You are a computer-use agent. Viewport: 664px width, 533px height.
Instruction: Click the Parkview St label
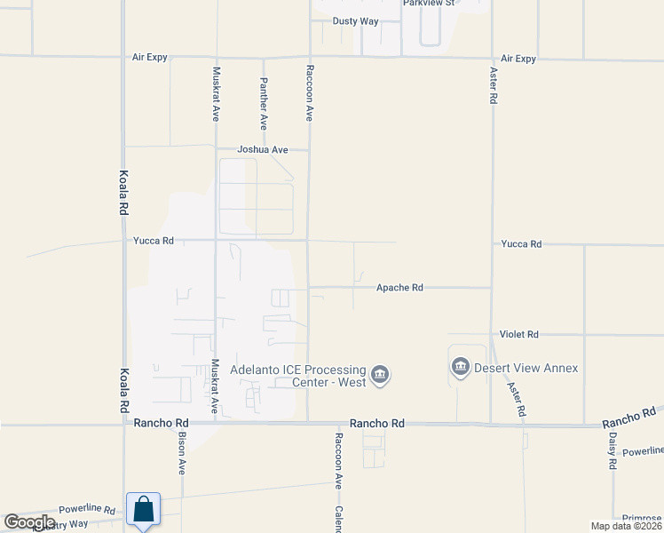point(429,4)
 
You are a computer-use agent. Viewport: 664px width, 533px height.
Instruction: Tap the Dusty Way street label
point(355,21)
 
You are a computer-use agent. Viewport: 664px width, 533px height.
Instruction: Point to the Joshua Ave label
point(257,150)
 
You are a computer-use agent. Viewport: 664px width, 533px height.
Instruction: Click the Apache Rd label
point(399,288)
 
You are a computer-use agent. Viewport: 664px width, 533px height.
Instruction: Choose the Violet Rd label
point(518,335)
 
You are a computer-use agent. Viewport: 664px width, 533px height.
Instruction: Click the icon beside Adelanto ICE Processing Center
point(380,376)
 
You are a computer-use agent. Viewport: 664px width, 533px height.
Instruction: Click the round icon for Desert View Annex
point(461,367)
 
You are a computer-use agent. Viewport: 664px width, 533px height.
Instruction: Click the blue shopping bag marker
point(143,510)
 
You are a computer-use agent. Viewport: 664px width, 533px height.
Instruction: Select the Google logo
point(29,522)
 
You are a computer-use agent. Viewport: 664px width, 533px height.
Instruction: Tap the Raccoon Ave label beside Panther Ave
point(310,92)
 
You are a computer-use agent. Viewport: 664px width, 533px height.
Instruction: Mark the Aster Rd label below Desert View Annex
point(517,400)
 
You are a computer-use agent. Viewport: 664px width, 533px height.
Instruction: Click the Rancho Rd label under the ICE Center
point(377,425)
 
